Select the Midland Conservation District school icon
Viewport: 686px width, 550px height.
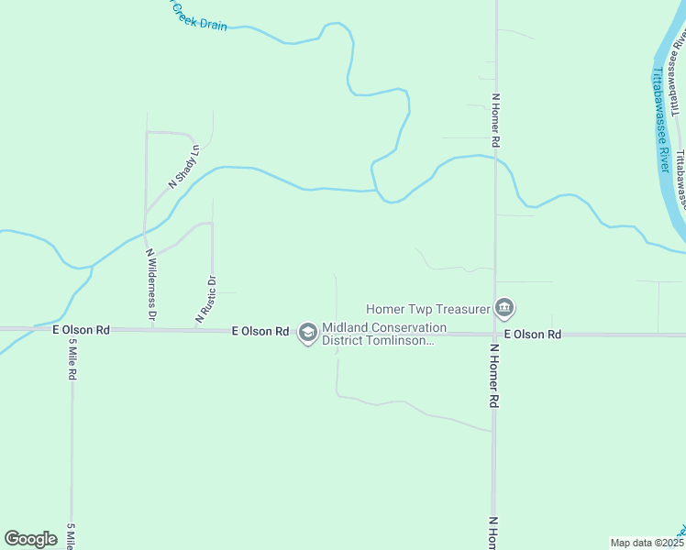[307, 333]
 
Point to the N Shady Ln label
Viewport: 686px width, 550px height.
[183, 167]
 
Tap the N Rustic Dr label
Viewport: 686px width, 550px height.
[205, 300]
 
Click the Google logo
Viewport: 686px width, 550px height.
[30, 539]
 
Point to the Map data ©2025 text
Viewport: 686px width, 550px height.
[647, 543]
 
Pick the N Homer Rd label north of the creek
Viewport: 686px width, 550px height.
[495, 120]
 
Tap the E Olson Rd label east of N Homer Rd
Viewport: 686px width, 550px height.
[531, 335]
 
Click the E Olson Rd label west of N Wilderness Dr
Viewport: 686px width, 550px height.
[81, 329]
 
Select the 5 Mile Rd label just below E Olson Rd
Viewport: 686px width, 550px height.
[72, 359]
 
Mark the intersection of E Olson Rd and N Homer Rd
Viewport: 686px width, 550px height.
[494, 334]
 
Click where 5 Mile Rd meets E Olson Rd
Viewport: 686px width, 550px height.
[72, 328]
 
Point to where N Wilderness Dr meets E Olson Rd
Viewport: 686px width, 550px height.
[152, 328]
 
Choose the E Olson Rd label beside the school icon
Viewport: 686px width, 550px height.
[260, 331]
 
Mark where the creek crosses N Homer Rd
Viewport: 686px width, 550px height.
[495, 158]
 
